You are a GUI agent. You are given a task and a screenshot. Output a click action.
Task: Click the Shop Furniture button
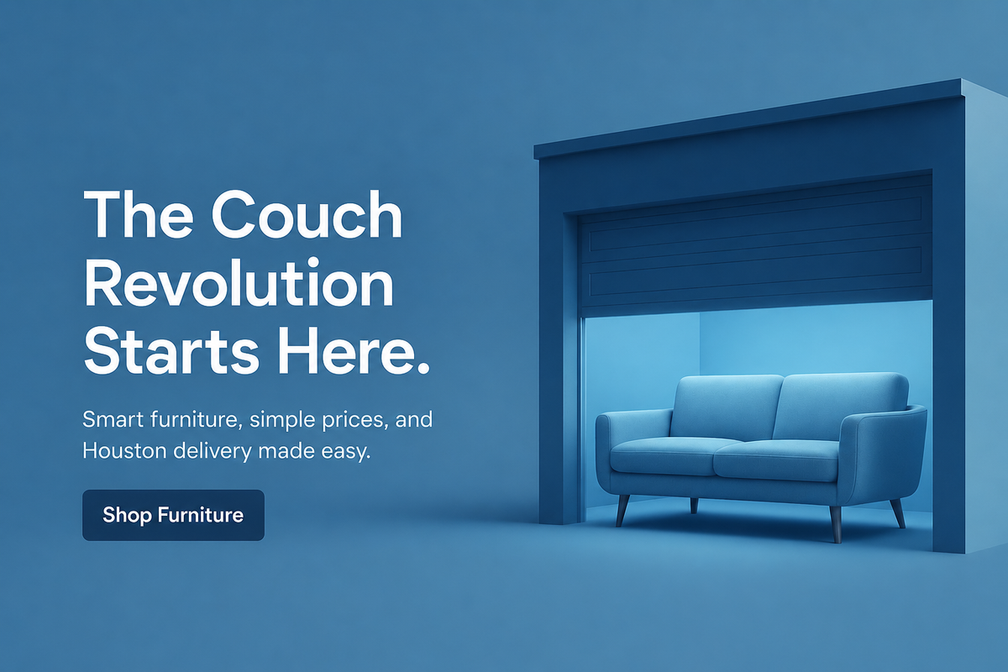[x=173, y=515]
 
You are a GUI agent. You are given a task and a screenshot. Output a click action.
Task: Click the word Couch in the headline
[x=307, y=214]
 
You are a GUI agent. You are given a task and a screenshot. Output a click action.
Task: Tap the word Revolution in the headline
[x=239, y=284]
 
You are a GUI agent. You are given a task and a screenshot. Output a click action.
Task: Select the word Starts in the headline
[x=171, y=351]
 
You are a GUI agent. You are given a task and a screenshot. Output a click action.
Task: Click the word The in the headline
[x=139, y=214]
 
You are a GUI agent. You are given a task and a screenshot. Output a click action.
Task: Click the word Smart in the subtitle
[x=113, y=419]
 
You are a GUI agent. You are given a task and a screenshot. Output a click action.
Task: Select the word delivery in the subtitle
[x=213, y=451]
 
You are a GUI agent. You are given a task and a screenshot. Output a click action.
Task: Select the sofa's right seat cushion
[x=777, y=460]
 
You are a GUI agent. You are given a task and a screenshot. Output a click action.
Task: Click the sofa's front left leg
[x=622, y=511]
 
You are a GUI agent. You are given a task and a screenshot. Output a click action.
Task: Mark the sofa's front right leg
[x=835, y=523]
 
